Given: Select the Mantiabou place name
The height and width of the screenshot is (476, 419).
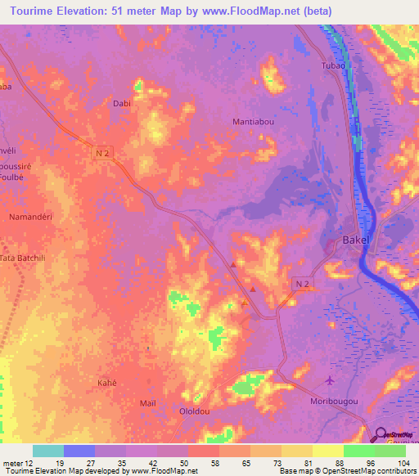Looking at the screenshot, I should [254, 122].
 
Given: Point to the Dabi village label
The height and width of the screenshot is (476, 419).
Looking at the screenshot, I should [122, 104].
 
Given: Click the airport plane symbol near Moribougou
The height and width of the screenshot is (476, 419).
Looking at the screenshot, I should [330, 381].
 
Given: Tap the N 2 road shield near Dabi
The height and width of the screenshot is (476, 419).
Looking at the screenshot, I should [101, 153].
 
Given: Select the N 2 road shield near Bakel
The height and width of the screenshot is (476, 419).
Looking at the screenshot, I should [303, 283].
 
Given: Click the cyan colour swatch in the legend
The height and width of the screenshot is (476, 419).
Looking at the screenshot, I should [48, 451].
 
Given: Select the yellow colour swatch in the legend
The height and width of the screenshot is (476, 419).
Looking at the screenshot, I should [328, 451].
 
